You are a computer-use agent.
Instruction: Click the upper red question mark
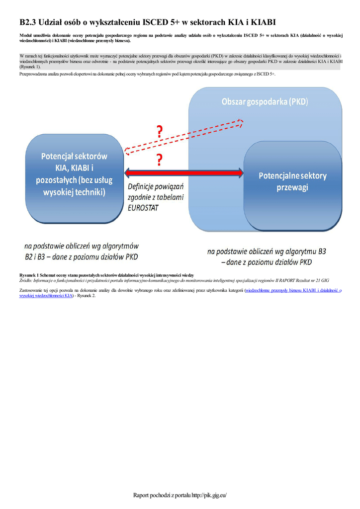pos(159,132)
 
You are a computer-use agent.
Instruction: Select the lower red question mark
pos(159,161)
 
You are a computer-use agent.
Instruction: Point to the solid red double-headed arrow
pos(184,172)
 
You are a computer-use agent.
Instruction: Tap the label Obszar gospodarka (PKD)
pos(265,102)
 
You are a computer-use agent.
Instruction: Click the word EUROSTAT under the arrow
pos(143,208)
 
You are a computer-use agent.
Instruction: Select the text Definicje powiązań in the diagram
pos(156,187)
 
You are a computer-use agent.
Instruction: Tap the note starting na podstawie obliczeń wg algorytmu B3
pos(267,256)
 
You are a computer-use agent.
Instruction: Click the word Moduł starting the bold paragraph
pos(26,35)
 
